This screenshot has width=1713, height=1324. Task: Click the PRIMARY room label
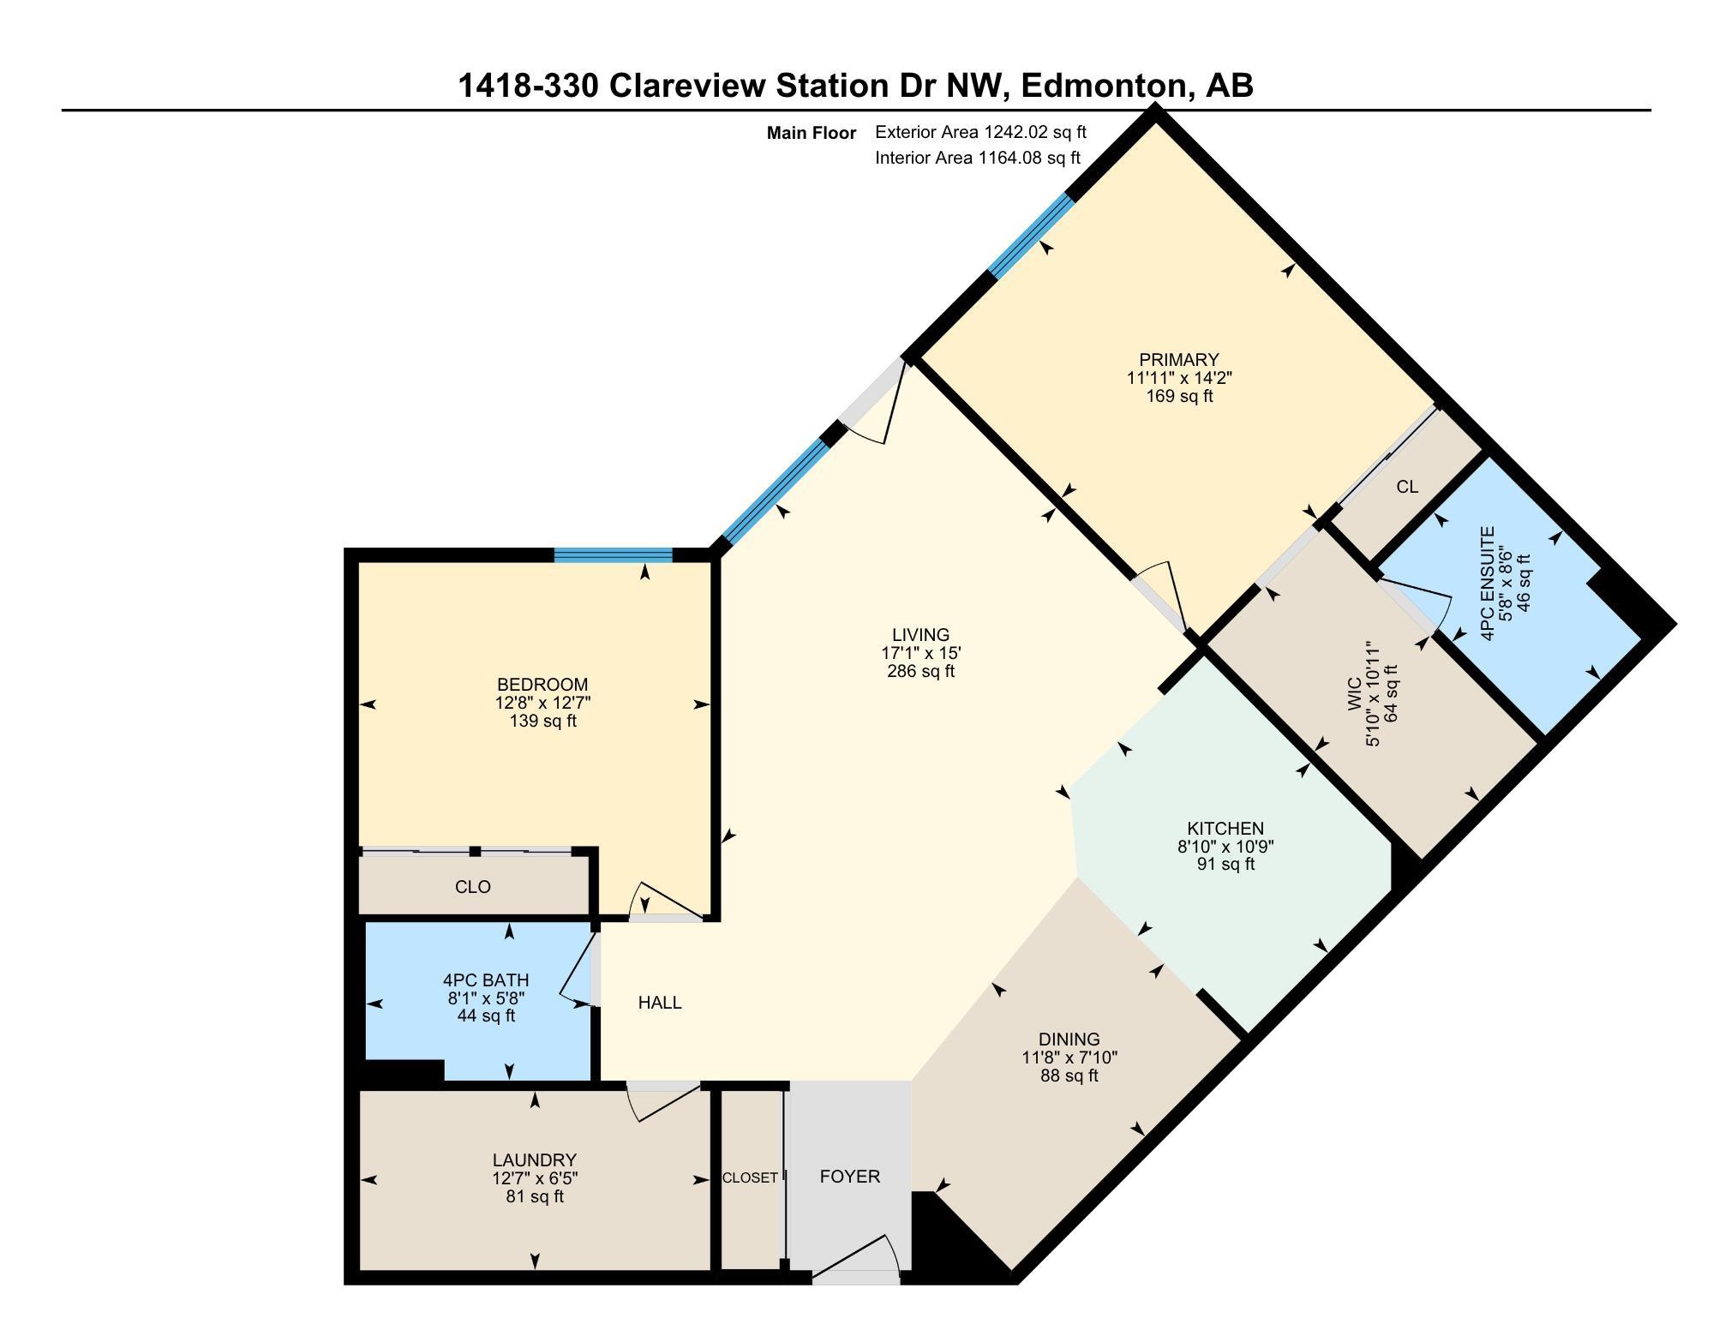click(1178, 360)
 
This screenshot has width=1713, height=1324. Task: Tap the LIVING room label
click(920, 635)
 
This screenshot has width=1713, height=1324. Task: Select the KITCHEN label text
click(1225, 829)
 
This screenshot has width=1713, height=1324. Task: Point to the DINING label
click(1069, 1039)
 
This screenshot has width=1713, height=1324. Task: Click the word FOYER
click(849, 1177)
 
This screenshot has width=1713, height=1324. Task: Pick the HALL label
click(660, 1003)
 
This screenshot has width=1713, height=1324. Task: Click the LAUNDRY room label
click(534, 1160)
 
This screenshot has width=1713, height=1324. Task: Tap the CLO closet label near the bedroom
click(472, 887)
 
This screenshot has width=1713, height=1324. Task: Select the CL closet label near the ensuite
click(1407, 487)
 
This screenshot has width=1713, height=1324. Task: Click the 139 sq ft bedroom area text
click(542, 721)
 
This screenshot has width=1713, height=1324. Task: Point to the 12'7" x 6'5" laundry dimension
click(534, 1178)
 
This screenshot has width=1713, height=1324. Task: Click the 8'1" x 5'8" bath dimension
click(486, 998)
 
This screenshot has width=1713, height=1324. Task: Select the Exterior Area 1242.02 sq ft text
click(980, 132)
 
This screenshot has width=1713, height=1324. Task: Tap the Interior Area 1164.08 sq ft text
click(978, 158)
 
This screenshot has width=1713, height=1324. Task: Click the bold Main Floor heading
click(811, 133)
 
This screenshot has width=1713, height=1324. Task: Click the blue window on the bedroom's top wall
click(613, 555)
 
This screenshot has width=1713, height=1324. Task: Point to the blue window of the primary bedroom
click(1031, 235)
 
